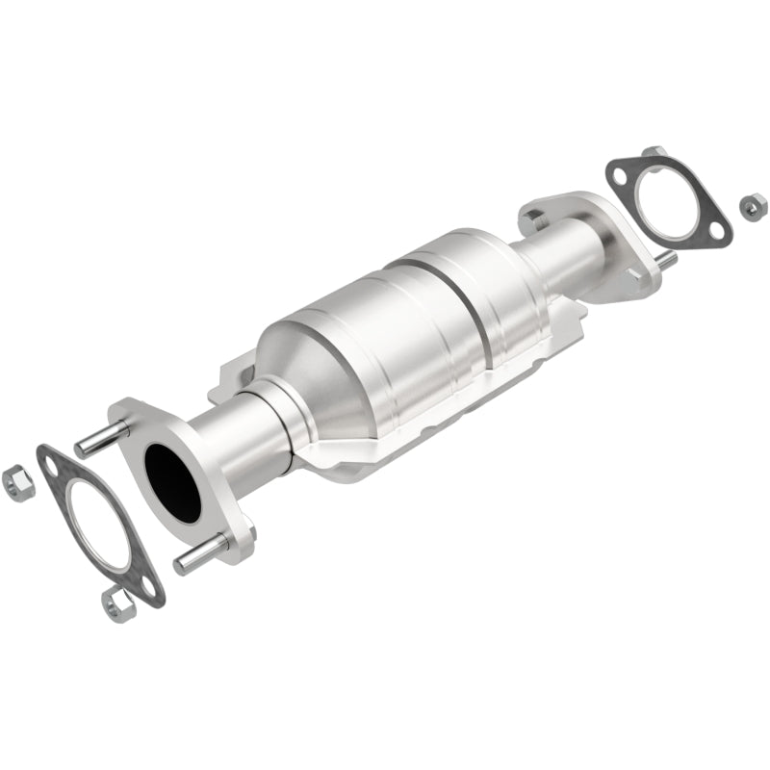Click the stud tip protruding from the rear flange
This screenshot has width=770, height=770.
(x=665, y=259)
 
